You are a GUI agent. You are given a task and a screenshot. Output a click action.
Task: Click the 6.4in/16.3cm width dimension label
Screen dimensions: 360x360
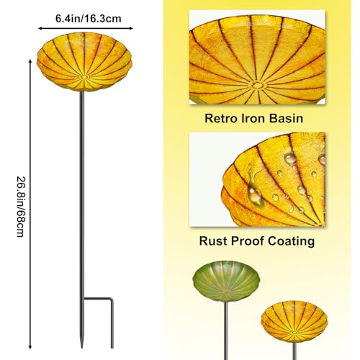tap(89, 19)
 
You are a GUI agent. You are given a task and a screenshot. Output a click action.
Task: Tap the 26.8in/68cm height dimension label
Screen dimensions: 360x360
tap(21, 207)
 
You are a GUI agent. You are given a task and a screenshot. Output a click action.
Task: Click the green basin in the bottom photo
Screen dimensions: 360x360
tap(226, 282)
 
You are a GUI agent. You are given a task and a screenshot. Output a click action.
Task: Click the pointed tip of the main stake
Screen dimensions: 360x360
tap(82, 348)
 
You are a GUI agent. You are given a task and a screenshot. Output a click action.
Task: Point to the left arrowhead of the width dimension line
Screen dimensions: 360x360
tap(40, 28)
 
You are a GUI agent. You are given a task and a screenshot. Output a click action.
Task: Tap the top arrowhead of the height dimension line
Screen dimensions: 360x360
tap(30, 61)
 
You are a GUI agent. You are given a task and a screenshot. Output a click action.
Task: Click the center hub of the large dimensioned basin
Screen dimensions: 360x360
tap(84, 77)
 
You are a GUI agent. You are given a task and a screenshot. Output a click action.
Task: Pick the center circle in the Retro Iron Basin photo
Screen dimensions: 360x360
tap(257, 85)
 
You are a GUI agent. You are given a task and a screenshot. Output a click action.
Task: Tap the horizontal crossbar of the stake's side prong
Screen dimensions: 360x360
tap(98, 299)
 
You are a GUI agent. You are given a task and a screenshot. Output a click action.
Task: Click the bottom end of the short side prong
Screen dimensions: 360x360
tap(112, 348)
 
